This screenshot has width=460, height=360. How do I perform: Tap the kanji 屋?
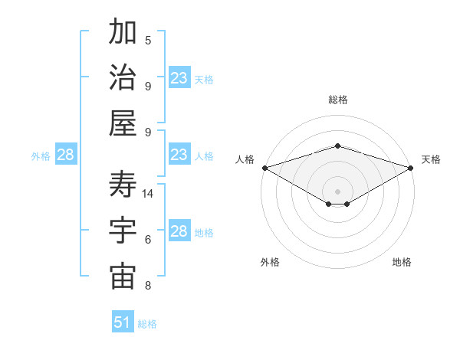pos(123,123)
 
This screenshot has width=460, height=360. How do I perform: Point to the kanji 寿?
pos(123,184)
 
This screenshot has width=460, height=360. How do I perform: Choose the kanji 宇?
pos(123,231)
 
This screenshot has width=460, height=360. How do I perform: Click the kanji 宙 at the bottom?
pos(123,277)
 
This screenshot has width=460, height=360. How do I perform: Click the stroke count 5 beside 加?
pos(148,40)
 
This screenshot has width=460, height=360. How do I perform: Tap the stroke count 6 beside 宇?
pos(148,240)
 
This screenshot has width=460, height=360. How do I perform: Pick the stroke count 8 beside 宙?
pos(148,286)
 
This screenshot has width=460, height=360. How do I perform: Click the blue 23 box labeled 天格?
pos(179,78)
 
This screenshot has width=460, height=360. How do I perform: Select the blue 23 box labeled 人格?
pos(179,155)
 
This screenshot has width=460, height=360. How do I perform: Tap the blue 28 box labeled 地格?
pos(179,231)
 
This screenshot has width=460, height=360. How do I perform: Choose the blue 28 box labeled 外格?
pos(65,155)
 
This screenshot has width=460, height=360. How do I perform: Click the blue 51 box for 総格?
pos(123,322)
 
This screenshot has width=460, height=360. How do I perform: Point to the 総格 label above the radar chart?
pos(337,100)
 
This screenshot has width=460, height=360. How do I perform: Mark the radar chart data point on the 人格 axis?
pos(264,168)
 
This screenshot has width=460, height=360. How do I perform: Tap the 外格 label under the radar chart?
pos(270,262)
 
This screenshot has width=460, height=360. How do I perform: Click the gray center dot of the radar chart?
pos(337,190)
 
